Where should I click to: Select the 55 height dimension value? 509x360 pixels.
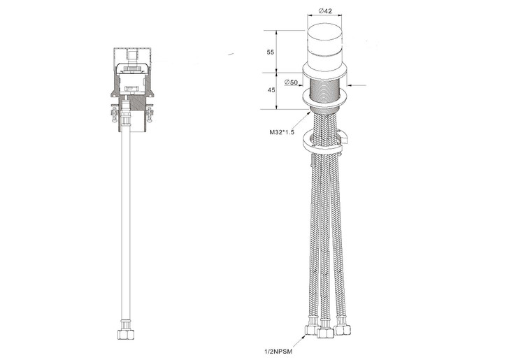tap(270, 52)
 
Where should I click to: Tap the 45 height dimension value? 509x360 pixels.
tap(270, 89)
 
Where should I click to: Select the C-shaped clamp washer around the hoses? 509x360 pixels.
tap(324, 143)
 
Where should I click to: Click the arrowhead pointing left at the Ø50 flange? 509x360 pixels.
tap(347, 86)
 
